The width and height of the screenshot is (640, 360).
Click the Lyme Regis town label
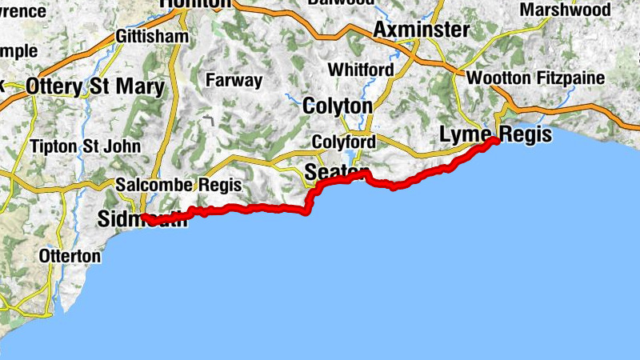coord(496,134)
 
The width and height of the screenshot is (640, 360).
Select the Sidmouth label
coord(141,219)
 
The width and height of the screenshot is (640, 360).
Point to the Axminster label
coord(421,30)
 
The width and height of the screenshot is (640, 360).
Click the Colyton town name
coord(337,106)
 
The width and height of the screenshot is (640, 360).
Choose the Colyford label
coord(343,142)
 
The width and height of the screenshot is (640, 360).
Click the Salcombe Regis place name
coord(178,185)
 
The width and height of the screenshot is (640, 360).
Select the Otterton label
coord(70,257)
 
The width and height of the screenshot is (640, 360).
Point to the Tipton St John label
coord(84,146)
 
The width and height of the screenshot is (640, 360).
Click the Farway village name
coord(234,80)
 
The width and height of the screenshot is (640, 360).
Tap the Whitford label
coord(360,70)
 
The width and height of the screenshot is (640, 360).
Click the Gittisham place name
coord(152,37)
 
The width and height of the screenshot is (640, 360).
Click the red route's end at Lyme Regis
coord(496,141)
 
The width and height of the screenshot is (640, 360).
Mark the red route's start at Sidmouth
coord(145,216)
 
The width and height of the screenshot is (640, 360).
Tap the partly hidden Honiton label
coord(195,4)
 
